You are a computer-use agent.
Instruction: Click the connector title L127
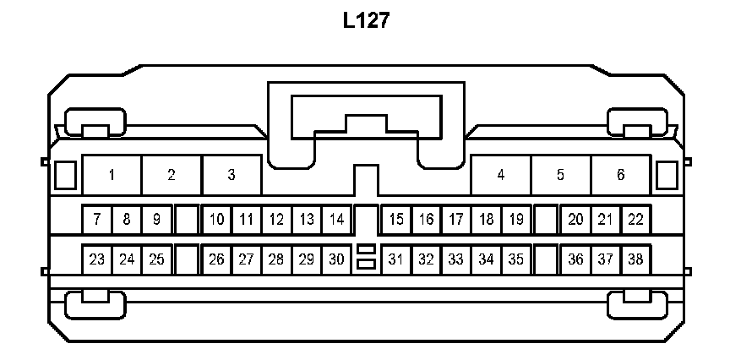point(366,20)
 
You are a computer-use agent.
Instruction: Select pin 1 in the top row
point(112,175)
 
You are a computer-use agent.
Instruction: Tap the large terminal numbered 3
point(231,175)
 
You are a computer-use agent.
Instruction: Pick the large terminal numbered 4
point(501,175)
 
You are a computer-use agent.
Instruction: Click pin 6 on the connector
point(621,175)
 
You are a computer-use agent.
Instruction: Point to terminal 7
point(97,220)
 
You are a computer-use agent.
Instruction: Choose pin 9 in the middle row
point(156,220)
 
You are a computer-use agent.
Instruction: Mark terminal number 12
point(276,220)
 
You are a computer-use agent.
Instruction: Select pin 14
point(336,220)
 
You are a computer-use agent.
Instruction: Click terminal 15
point(396,220)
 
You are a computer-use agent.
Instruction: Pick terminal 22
point(635,220)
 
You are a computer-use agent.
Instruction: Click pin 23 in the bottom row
point(97,259)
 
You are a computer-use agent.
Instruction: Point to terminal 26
point(216,259)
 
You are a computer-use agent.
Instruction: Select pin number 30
point(336,259)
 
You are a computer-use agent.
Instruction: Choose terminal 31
point(396,259)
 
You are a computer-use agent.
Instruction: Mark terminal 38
point(635,259)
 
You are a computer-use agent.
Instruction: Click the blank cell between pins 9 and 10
point(187,220)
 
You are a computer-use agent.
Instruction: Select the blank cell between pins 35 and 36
point(546,259)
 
